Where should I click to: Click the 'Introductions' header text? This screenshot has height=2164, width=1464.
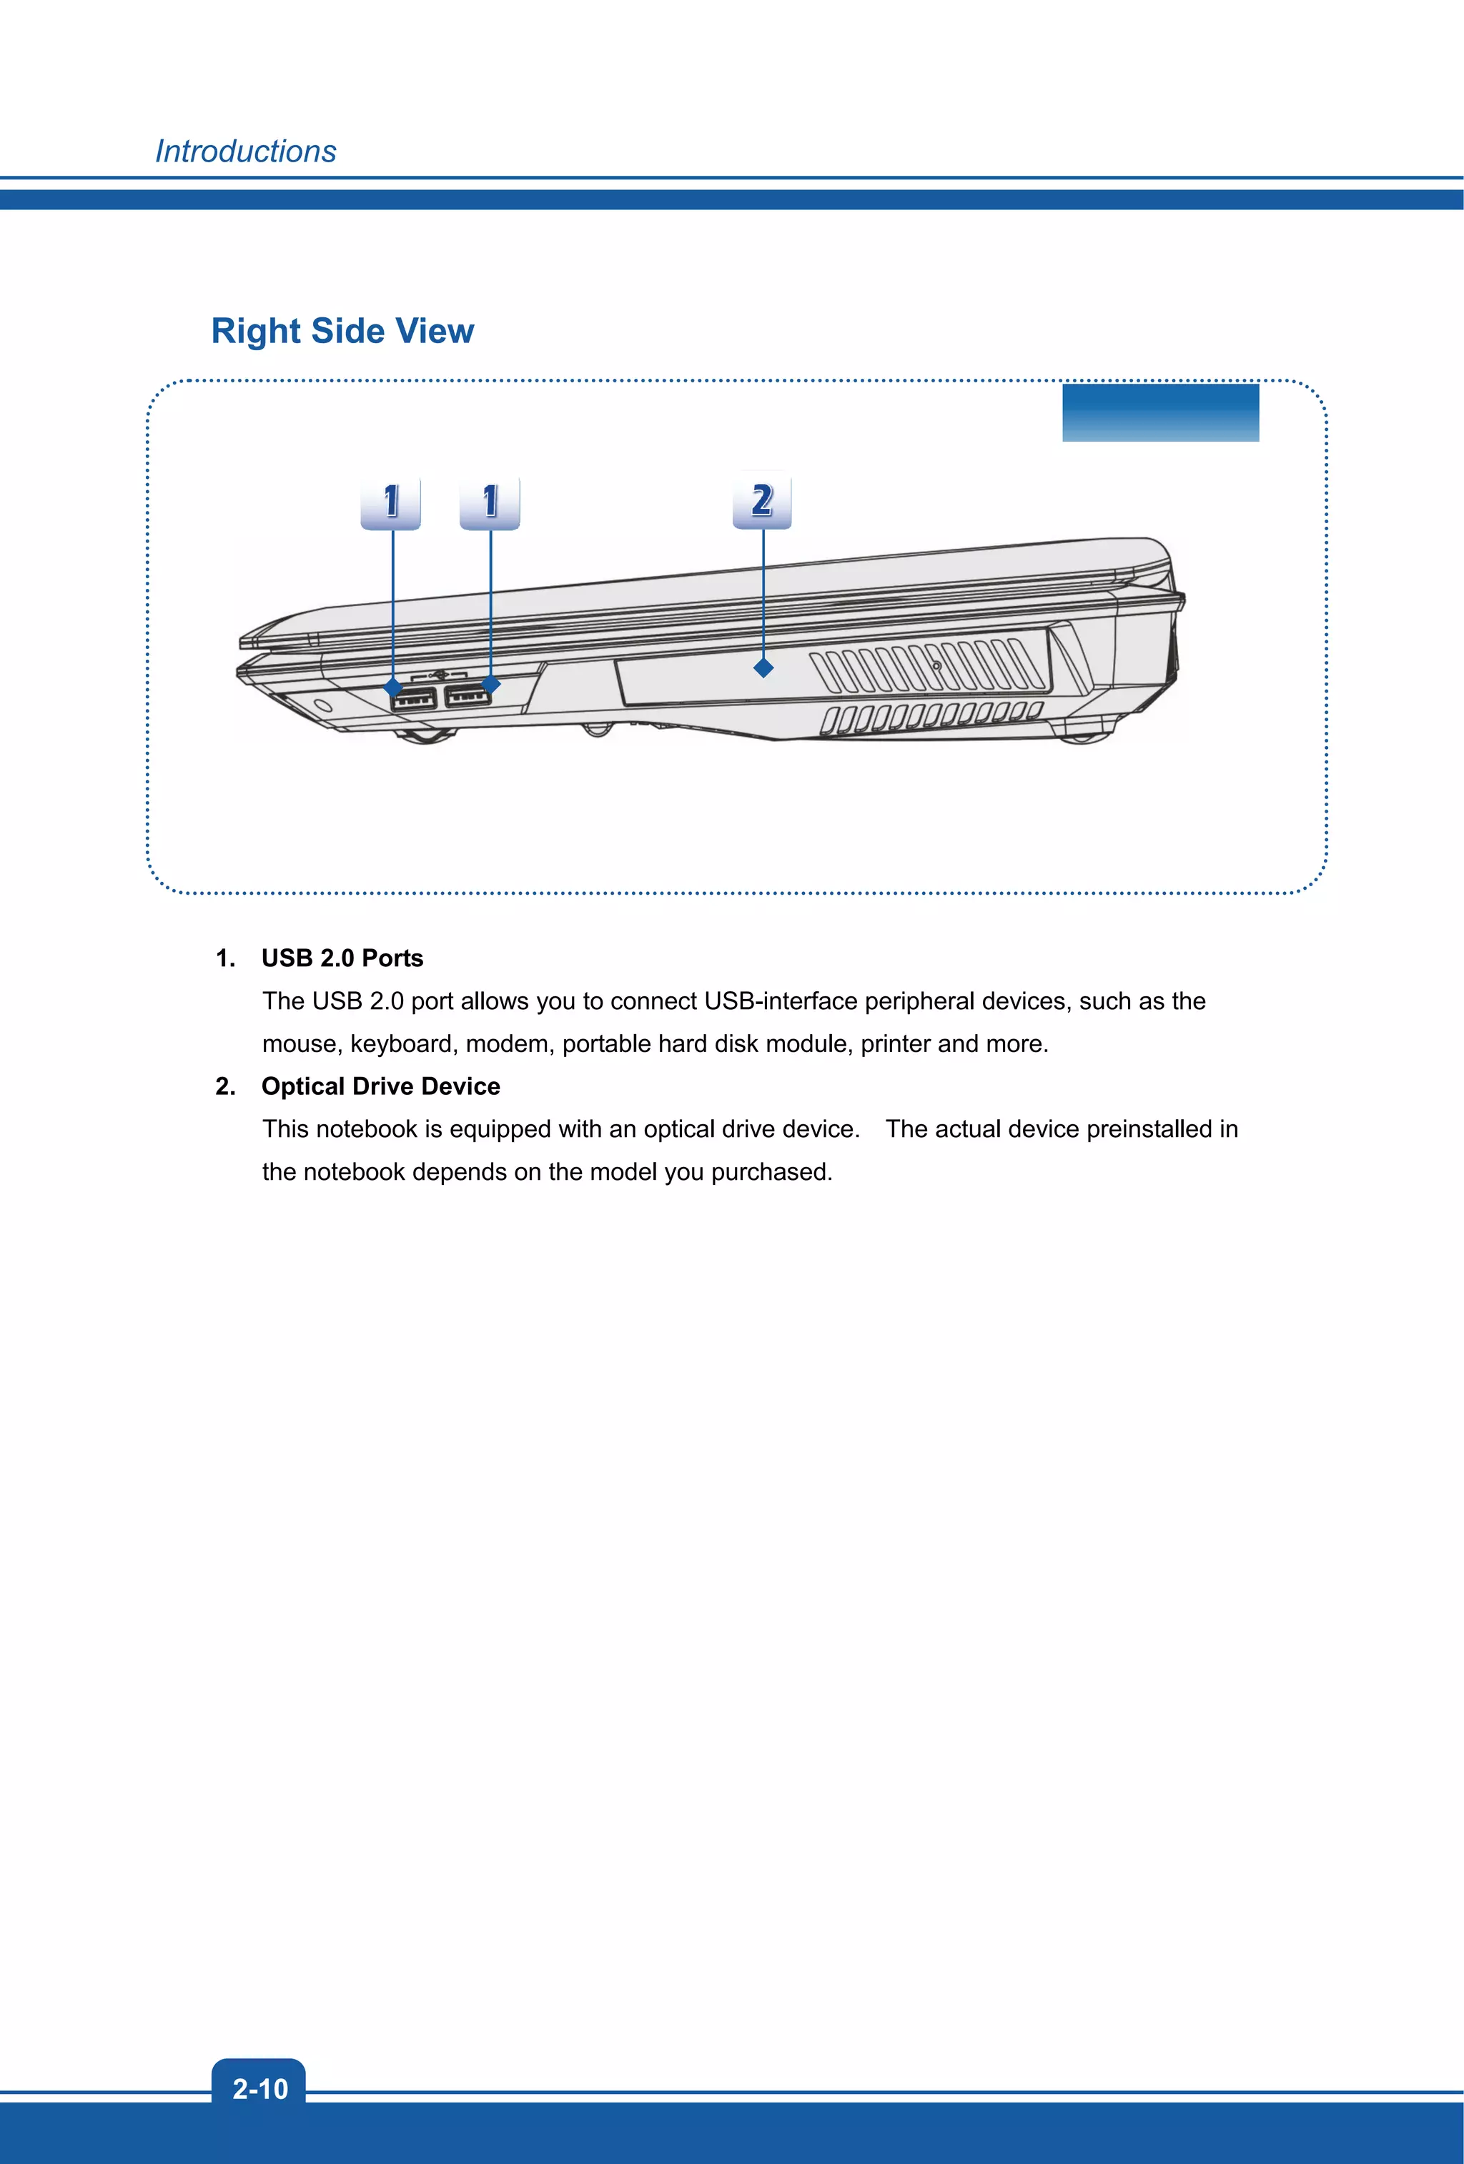click(245, 151)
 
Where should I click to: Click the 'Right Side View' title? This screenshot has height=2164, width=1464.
click(342, 331)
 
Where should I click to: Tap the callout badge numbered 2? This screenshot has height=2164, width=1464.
click(762, 501)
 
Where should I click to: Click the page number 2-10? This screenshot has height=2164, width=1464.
click(259, 2088)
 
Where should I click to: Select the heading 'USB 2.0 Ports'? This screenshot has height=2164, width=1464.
click(342, 958)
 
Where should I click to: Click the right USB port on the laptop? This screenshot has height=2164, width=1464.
click(467, 695)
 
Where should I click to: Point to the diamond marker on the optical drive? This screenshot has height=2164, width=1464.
click(763, 667)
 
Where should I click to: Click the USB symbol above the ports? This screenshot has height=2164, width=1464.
click(440, 673)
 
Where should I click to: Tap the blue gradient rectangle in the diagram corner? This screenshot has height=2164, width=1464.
click(1159, 412)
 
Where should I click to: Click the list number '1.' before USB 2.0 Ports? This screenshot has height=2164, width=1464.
click(225, 958)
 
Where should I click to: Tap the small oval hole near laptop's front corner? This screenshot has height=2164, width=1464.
click(323, 705)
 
